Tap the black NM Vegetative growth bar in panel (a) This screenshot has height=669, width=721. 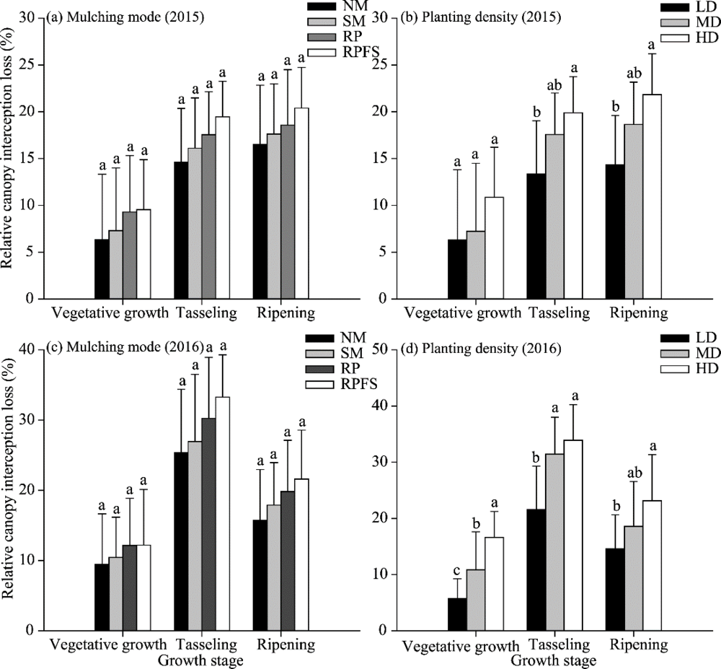[102, 268]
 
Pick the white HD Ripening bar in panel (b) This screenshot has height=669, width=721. [651, 196]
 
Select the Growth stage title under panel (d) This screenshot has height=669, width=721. [553, 660]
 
